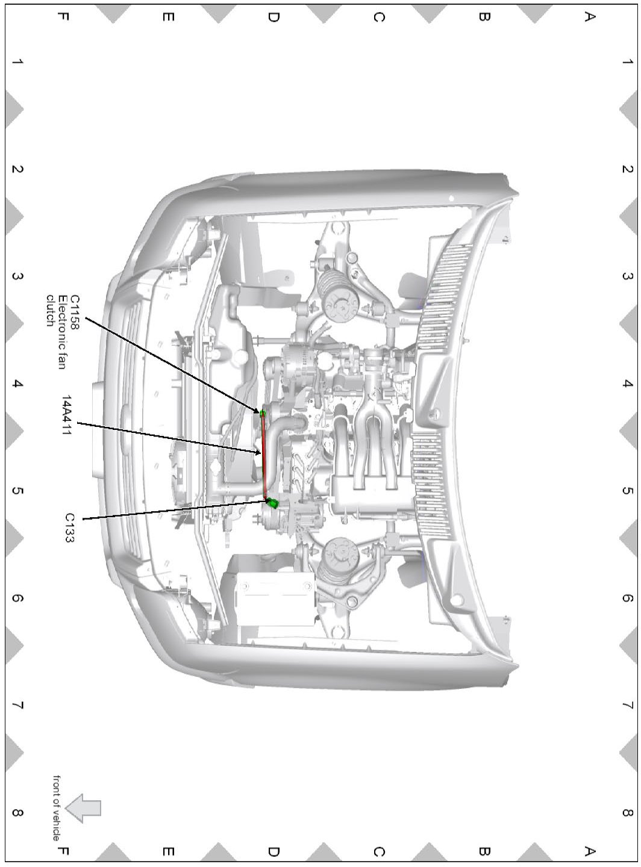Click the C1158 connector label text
(74, 312)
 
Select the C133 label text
(70, 527)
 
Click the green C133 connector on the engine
(272, 503)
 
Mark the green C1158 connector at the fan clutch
(263, 412)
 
